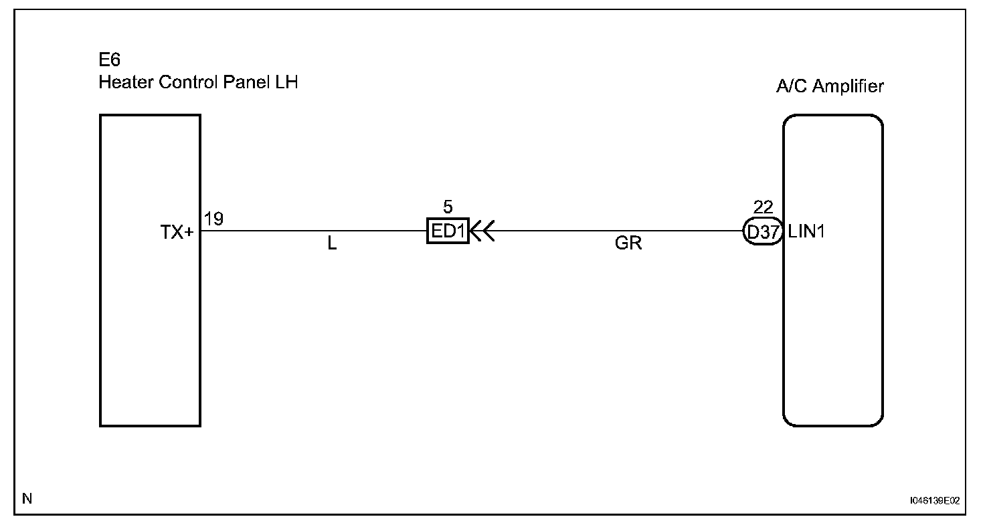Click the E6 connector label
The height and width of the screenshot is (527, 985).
pos(110,62)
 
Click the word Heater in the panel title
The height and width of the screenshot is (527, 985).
pos(121,83)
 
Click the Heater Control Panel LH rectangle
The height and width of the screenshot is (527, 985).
pos(150,321)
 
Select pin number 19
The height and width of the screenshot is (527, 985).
pos(214,219)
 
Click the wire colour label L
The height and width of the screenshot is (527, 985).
pos(332,244)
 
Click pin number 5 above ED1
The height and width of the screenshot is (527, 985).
pos(448,207)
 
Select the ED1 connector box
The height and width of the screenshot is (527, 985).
pos(448,231)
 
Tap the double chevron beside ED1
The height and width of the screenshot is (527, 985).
pos(482,231)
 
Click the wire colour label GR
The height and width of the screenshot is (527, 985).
pos(628,244)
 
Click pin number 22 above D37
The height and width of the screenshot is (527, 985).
pos(763,207)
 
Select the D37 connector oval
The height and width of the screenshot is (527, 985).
pos(763,232)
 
